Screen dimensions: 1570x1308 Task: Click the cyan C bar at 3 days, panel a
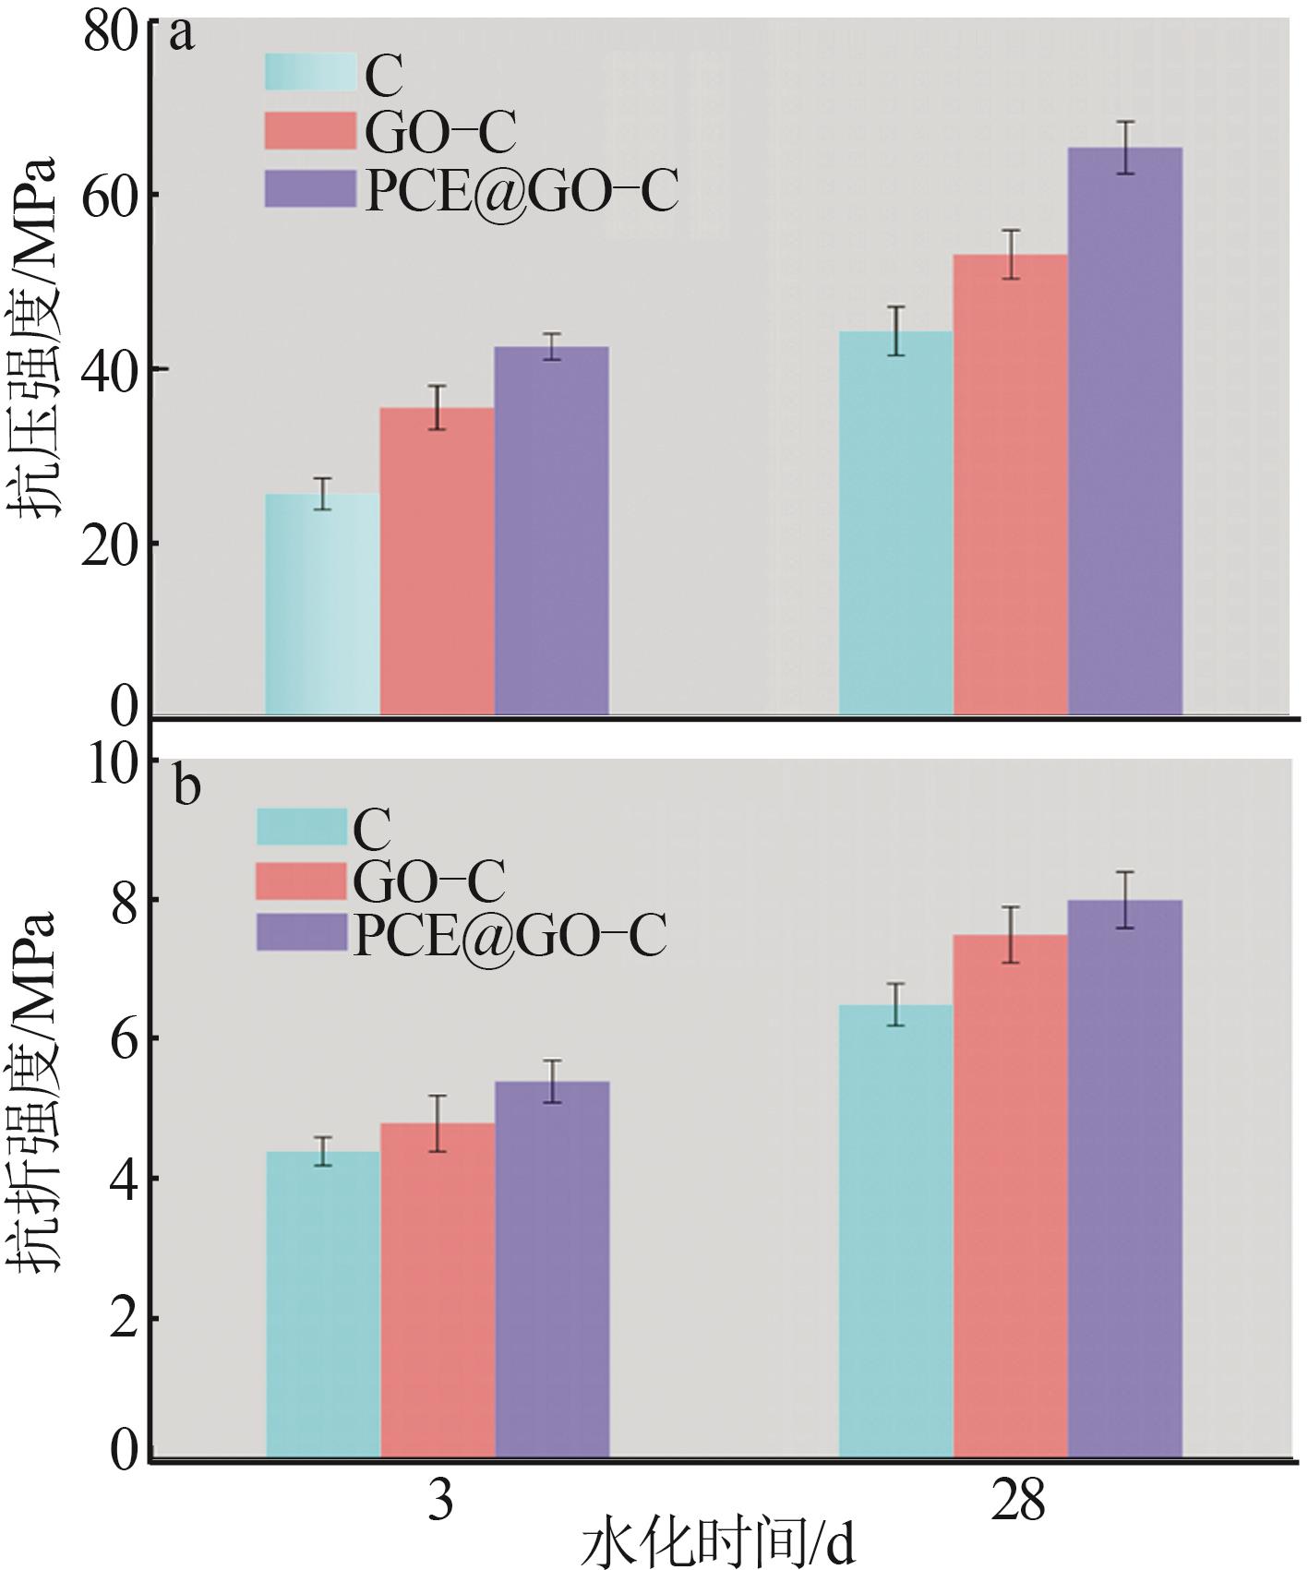point(322,605)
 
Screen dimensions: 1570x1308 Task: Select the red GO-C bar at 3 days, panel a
point(437,561)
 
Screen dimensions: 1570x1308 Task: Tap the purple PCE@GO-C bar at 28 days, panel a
point(1125,431)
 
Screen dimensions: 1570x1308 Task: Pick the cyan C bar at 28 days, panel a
point(895,523)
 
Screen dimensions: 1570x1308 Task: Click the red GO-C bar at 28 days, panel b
point(1010,1198)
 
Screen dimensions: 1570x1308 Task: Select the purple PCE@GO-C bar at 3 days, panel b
point(552,1271)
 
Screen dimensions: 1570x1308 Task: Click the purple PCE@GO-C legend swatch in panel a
point(310,189)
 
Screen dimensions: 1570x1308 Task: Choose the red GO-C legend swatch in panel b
point(301,881)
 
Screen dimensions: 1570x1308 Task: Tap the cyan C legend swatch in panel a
point(310,72)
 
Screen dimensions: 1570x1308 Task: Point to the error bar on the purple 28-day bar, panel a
point(1125,148)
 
